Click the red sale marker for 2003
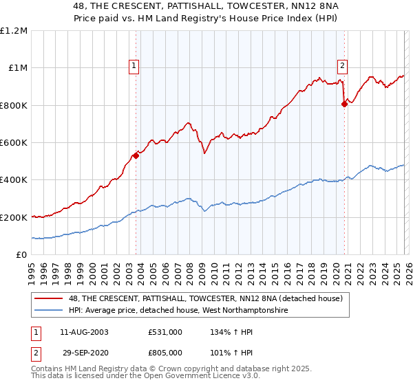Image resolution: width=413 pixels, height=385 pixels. point(136,155)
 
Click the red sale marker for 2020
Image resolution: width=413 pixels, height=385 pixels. point(344,104)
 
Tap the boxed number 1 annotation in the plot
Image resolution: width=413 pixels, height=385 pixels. point(134,66)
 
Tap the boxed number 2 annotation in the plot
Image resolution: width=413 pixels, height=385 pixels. point(342,66)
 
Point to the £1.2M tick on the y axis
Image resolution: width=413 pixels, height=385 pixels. point(14,31)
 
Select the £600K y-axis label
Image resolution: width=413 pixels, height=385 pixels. point(14,143)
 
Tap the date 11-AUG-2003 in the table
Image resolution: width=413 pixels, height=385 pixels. point(84,332)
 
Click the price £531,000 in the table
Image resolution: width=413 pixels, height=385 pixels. point(165,332)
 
